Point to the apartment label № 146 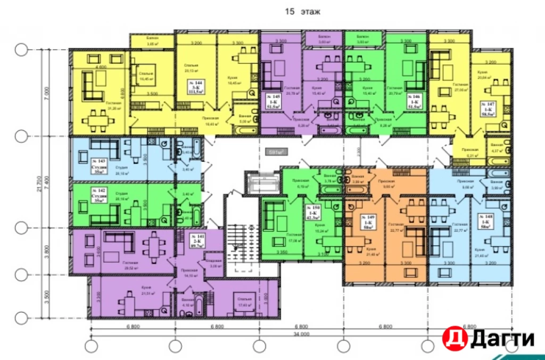414,100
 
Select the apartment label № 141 197,240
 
